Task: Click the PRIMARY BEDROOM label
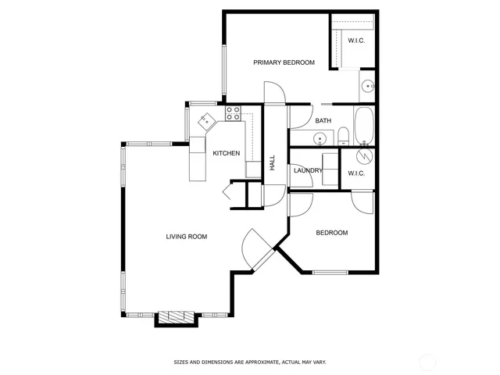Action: pos(283,62)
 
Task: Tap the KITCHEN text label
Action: pos(227,153)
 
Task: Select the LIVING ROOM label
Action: pos(186,236)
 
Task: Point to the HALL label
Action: pos(273,163)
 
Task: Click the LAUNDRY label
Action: pos(308,170)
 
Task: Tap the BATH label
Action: pos(323,121)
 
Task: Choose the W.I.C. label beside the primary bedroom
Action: pos(356,41)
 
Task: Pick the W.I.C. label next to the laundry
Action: pos(356,173)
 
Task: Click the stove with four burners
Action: pos(233,114)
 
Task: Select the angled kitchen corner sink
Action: pos(205,121)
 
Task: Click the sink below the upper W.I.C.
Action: pos(366,86)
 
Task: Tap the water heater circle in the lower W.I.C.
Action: pos(363,155)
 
